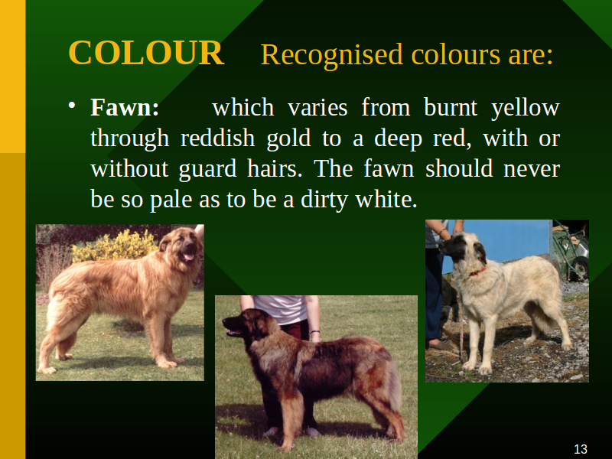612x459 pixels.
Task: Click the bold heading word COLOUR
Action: (146, 53)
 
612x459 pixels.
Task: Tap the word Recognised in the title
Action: (331, 54)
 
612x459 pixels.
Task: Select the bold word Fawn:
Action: (125, 107)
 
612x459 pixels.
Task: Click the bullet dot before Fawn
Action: (71, 106)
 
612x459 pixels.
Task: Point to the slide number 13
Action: (581, 449)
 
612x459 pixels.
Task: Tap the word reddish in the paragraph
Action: (218, 138)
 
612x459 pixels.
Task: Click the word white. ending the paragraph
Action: (386, 200)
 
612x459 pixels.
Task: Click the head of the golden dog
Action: (182, 246)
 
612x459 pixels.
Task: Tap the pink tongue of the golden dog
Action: (188, 257)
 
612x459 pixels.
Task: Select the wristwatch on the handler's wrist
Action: (315, 332)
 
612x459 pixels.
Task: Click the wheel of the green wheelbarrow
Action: (580, 266)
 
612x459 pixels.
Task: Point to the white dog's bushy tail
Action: (542, 315)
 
